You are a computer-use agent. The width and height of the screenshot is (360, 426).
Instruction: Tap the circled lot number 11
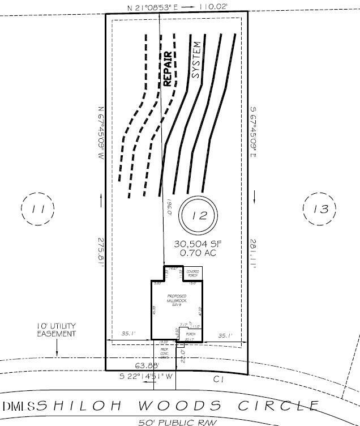[38, 209]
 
